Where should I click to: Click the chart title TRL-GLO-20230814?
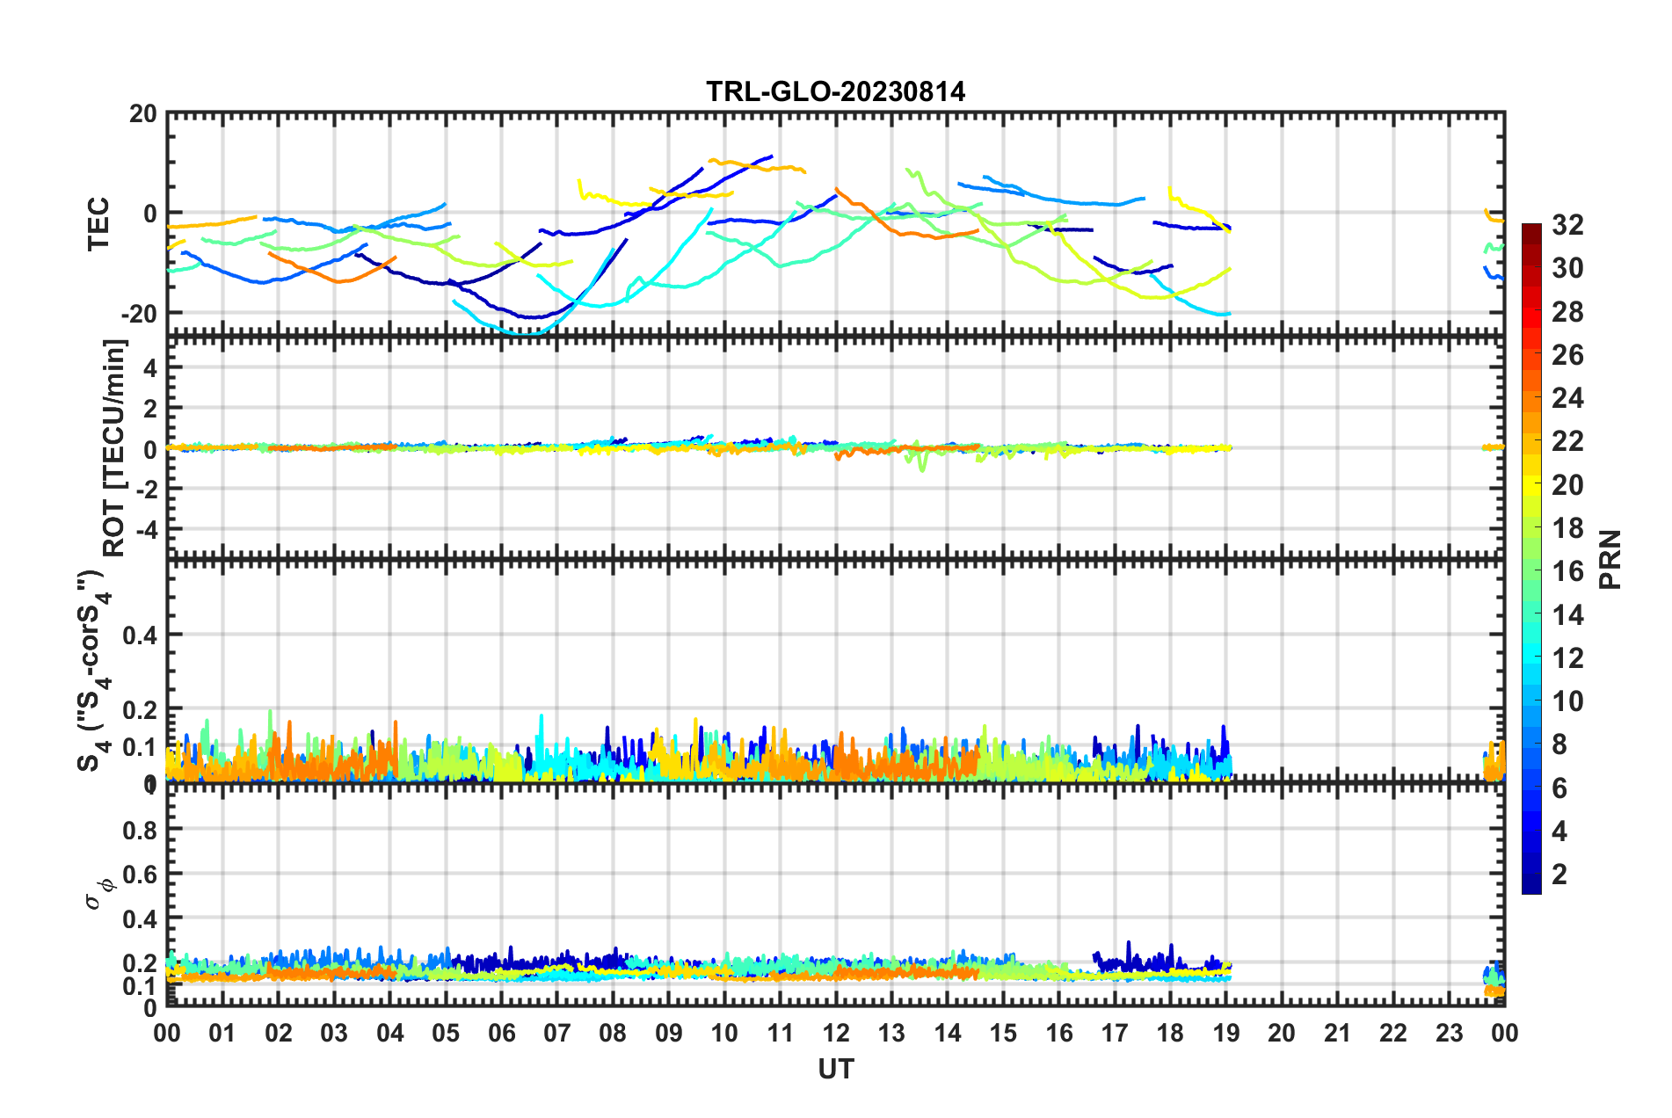tap(835, 91)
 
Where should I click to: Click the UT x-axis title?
tap(835, 1069)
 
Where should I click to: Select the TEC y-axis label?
tap(98, 223)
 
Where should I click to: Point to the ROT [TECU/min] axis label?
tap(114, 447)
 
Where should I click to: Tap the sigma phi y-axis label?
tap(98, 889)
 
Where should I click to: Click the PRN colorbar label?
tap(1610, 559)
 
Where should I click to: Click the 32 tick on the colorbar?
tap(1567, 225)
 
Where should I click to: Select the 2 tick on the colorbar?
tap(1559, 874)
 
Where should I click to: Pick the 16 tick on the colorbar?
tap(1567, 571)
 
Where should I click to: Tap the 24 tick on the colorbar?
tap(1567, 398)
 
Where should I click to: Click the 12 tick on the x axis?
tap(835, 1033)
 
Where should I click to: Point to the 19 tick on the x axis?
tap(1225, 1033)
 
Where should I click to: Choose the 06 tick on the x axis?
tap(501, 1033)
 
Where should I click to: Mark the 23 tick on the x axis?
tap(1449, 1033)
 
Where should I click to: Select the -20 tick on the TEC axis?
tap(139, 314)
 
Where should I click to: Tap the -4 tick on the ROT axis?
tap(146, 530)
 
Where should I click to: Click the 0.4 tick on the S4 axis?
tap(139, 635)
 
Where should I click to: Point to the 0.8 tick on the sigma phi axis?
tap(139, 830)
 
